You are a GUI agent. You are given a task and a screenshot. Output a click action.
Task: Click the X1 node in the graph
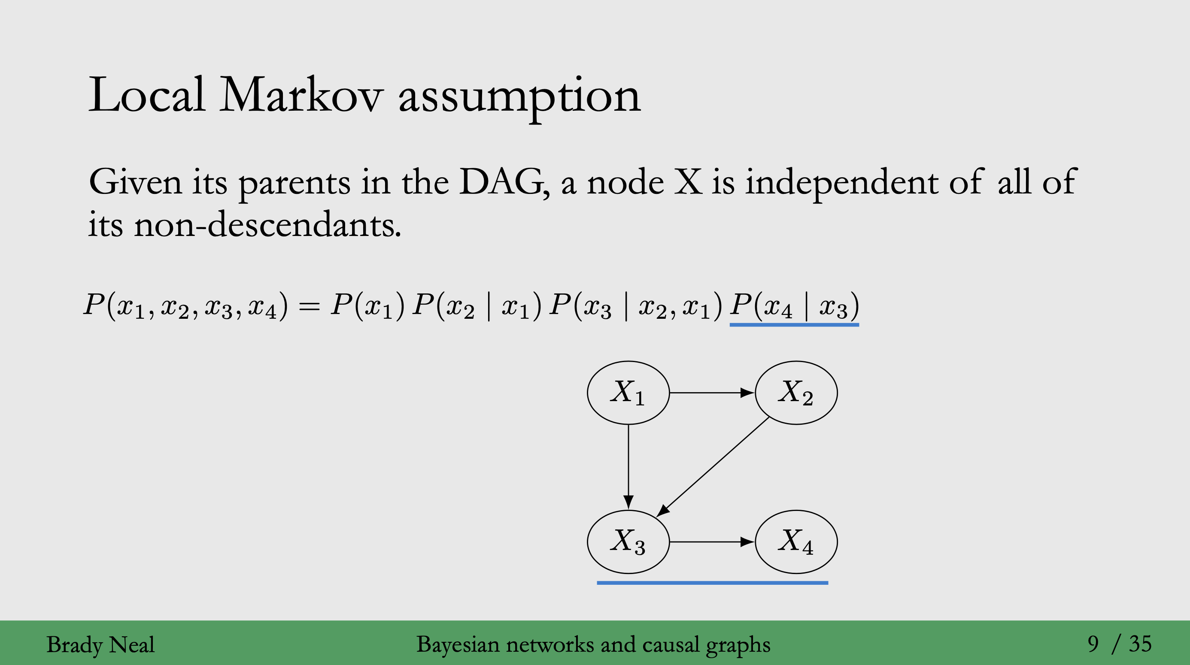pyautogui.click(x=628, y=393)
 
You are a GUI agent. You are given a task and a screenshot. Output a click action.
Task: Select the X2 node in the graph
pyautogui.click(x=796, y=393)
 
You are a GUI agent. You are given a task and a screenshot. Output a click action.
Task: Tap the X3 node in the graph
pyautogui.click(x=628, y=542)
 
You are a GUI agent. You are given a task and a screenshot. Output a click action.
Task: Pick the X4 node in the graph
pyautogui.click(x=796, y=542)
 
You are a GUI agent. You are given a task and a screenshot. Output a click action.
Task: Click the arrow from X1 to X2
pyautogui.click(x=711, y=393)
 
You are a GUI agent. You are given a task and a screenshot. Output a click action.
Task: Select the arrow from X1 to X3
pyautogui.click(x=628, y=466)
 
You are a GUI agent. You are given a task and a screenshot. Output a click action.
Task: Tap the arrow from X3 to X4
pyautogui.click(x=711, y=542)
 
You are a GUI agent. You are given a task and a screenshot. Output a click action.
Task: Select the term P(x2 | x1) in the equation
pyautogui.click(x=476, y=306)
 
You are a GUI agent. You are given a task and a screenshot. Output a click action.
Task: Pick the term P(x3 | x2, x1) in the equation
pyautogui.click(x=635, y=306)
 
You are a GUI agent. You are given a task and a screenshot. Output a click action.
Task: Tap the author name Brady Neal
pyautogui.click(x=101, y=645)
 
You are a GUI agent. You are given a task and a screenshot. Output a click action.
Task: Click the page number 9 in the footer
pyautogui.click(x=1093, y=644)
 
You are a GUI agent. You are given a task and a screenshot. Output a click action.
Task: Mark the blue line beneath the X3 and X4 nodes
pyautogui.click(x=712, y=583)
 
